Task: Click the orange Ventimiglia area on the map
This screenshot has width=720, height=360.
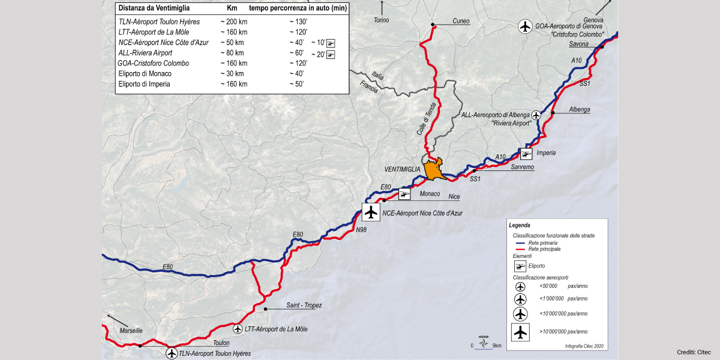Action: coord(433,169)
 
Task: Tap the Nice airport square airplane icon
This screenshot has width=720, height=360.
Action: coord(371,212)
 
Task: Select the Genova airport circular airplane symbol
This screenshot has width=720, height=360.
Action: coord(526,26)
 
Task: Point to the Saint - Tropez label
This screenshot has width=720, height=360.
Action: coord(304,305)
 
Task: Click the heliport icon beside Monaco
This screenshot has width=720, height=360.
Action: coord(404,194)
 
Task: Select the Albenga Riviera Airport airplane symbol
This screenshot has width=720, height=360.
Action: coord(536,115)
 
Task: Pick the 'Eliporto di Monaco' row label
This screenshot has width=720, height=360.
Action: coord(145,73)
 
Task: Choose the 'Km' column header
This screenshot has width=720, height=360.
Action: coord(232,8)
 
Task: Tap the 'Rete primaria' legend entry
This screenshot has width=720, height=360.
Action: coord(544,243)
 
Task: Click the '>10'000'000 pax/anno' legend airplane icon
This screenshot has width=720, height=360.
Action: coord(520,331)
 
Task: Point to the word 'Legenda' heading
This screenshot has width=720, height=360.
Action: coord(519,226)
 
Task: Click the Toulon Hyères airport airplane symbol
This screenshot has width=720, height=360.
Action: coord(172,353)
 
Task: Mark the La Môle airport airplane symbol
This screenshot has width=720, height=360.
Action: coord(237,329)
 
